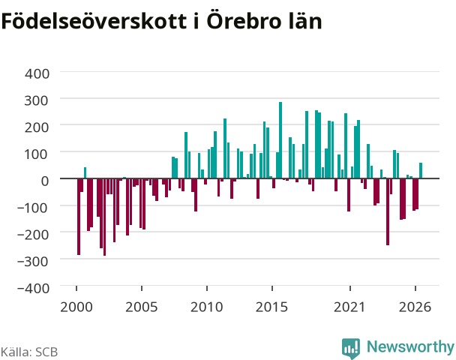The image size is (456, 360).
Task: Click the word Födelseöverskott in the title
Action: (94, 21)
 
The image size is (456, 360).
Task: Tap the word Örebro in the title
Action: (244, 21)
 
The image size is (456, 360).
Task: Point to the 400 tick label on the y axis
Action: (37, 73)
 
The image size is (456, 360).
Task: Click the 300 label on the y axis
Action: (36, 100)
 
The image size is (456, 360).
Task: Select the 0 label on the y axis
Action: (45, 181)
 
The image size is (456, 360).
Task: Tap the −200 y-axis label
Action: (33, 235)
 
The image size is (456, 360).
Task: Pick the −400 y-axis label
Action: (33, 289)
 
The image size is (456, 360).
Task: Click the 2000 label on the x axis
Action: (76, 307)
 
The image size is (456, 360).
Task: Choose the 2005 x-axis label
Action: (141, 307)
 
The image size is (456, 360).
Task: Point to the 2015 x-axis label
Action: (271, 307)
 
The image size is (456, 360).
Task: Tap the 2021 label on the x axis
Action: (349, 307)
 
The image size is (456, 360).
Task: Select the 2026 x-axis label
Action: (415, 307)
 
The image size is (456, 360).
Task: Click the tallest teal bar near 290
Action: (280, 140)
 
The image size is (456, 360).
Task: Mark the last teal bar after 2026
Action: (421, 170)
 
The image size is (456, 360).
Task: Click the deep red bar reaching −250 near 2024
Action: (388, 211)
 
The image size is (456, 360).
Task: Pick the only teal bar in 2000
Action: (85, 172)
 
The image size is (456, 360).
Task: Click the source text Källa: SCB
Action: (29, 352)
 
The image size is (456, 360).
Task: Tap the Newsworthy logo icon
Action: (351, 348)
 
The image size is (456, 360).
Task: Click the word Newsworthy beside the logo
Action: (411, 346)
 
